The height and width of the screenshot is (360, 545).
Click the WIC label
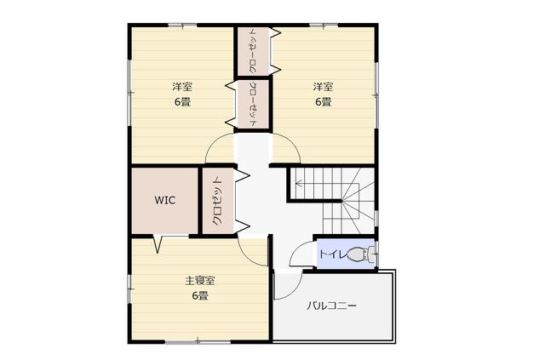pyautogui.click(x=164, y=200)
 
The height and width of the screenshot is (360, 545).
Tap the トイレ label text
pyautogui.click(x=333, y=254)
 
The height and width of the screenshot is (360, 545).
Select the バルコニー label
pyautogui.click(x=331, y=306)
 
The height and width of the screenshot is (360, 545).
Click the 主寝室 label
pyautogui.click(x=200, y=280)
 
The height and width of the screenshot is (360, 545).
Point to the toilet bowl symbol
pyautogui.click(x=361, y=254)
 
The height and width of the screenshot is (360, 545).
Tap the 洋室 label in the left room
pyautogui.click(x=182, y=86)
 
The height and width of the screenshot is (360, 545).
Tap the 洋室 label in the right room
pyautogui.click(x=324, y=86)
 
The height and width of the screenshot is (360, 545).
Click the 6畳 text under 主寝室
pyautogui.click(x=200, y=295)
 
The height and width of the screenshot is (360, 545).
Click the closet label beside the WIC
pyautogui.click(x=217, y=201)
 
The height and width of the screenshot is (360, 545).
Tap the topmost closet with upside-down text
pyautogui.click(x=253, y=51)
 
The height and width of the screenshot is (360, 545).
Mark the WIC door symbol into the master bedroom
pyautogui.click(x=158, y=244)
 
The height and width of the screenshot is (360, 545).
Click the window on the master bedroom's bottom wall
pyautogui.click(x=198, y=342)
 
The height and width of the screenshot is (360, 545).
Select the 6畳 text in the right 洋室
pyautogui.click(x=324, y=102)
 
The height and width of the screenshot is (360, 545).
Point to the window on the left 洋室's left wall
pyautogui.click(x=130, y=93)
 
